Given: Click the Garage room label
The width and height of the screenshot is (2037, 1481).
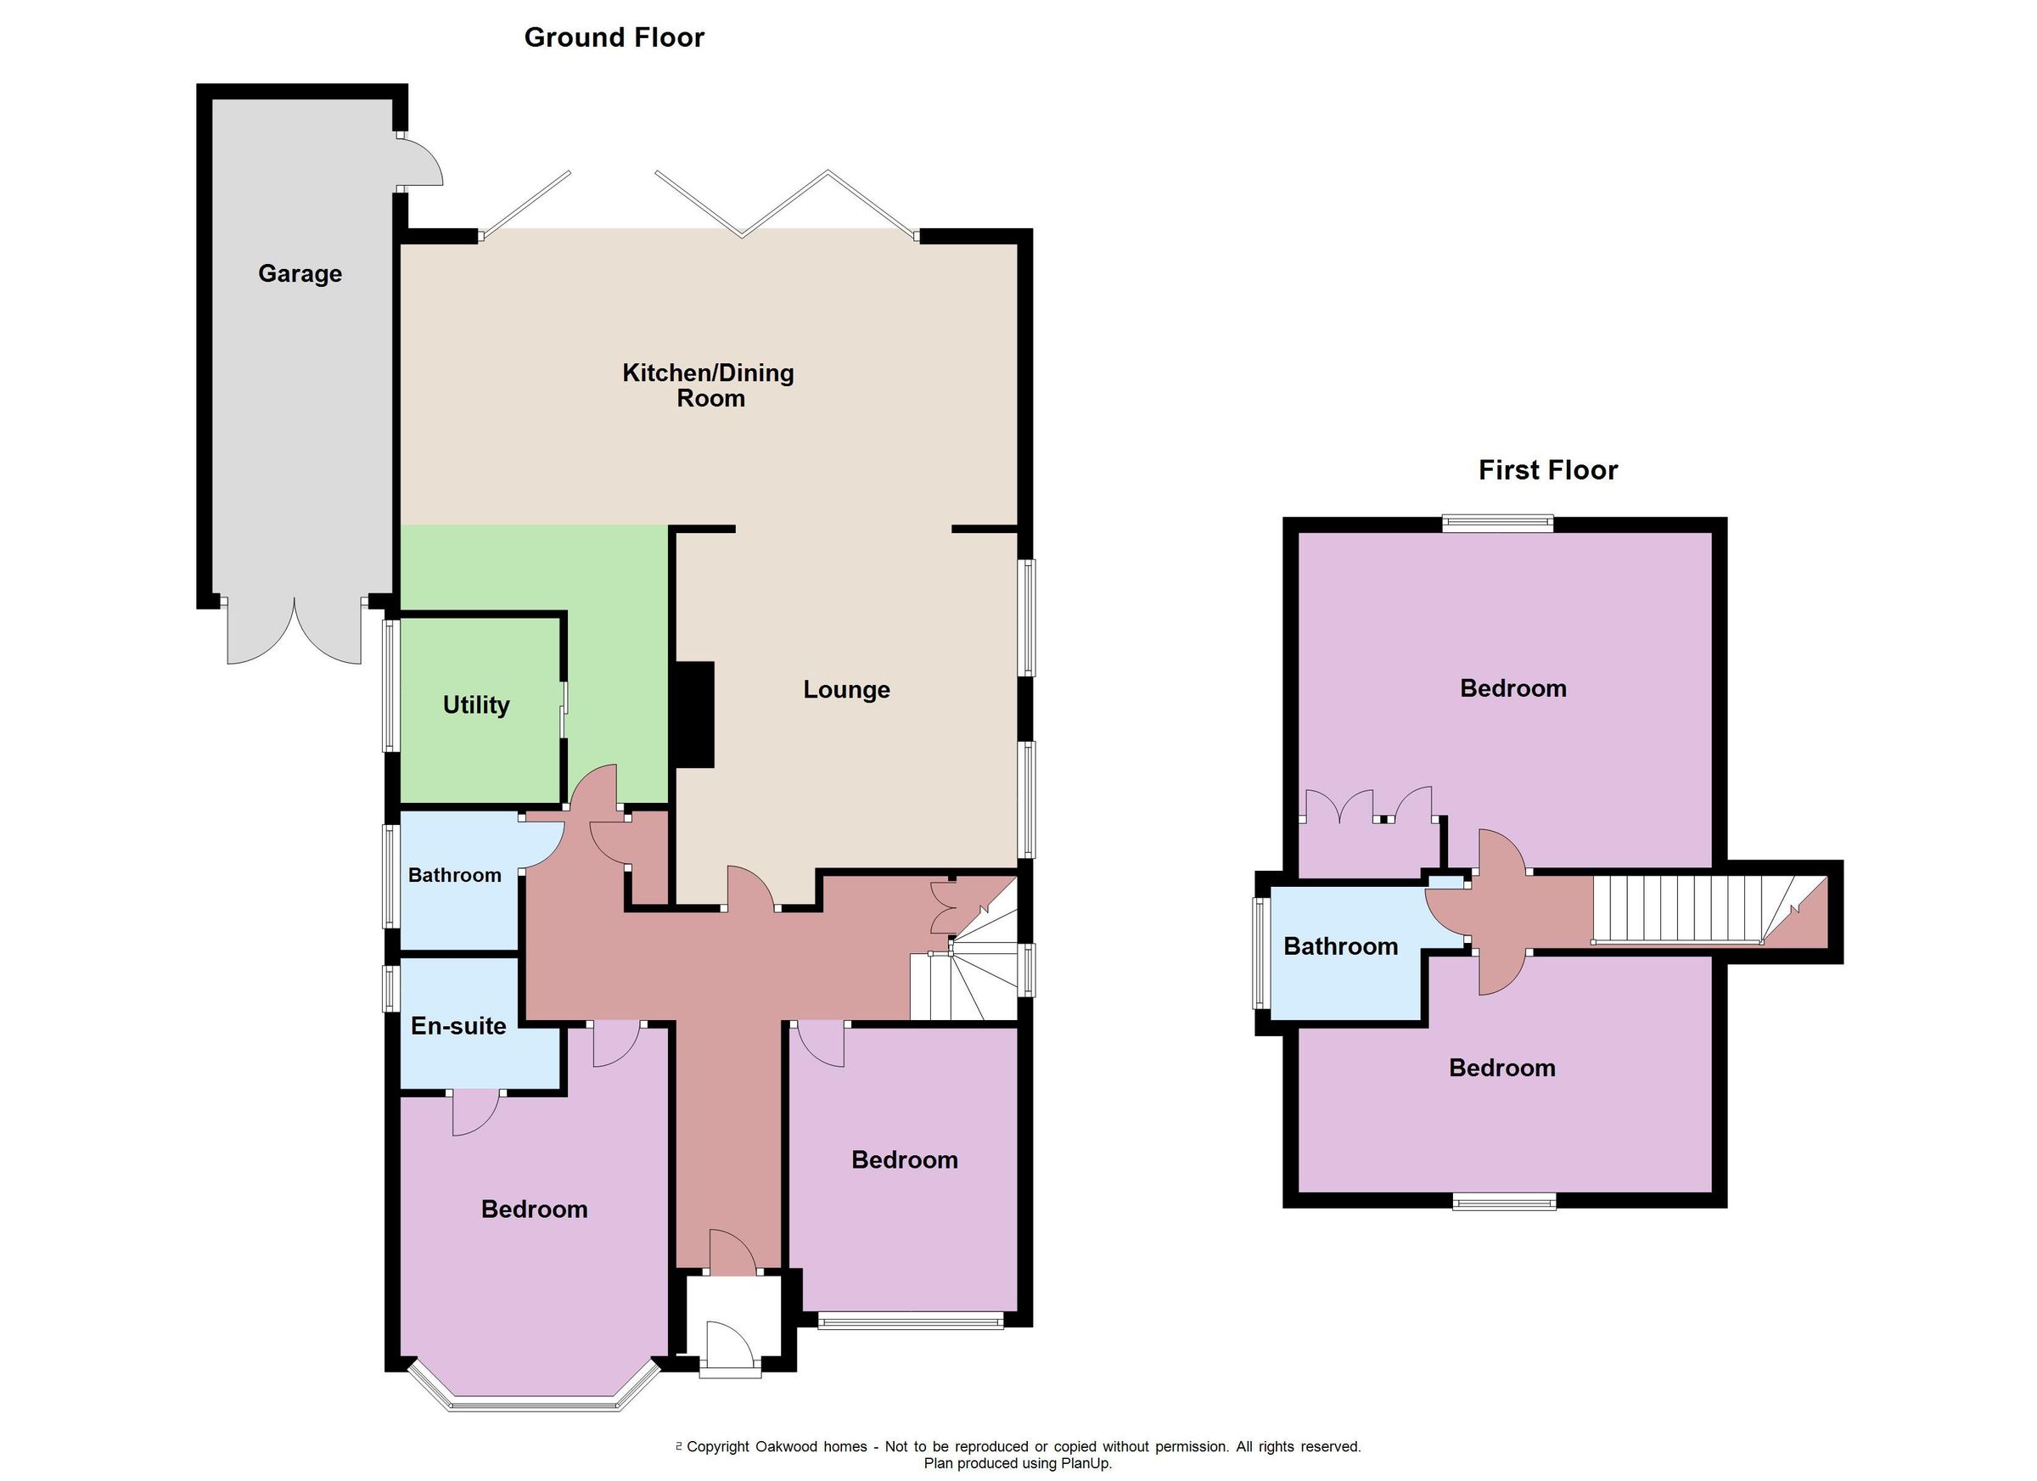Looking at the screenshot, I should (300, 274).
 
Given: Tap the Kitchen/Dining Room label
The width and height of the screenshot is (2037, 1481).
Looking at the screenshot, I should (709, 385).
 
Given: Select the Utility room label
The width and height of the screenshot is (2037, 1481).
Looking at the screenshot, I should (476, 705).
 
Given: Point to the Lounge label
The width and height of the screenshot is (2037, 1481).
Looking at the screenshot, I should (846, 690).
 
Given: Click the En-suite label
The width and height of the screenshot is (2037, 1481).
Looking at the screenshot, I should (458, 1025).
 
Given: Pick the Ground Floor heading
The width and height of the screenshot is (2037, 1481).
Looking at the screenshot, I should (614, 37).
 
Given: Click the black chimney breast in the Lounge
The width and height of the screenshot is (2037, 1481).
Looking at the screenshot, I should (694, 715).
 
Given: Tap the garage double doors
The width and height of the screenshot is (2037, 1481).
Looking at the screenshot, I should (294, 633).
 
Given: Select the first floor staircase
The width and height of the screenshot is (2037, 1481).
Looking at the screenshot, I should (1688, 910).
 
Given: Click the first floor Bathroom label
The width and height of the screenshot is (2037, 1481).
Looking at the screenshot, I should (1340, 946).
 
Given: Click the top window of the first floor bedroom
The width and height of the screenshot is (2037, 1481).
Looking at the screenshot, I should (1497, 523).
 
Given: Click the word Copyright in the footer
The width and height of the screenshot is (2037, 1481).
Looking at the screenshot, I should (718, 1447).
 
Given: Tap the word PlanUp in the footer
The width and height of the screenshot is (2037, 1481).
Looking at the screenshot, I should (1086, 1464).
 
